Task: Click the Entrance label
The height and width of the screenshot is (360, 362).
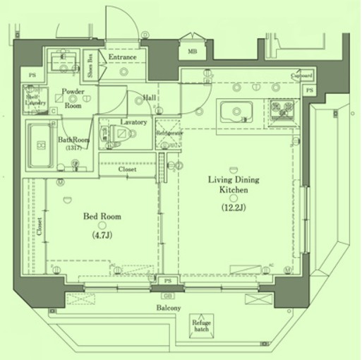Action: (x=123, y=57)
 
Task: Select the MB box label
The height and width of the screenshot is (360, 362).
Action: (x=192, y=51)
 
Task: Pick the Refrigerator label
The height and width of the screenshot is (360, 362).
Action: (x=169, y=133)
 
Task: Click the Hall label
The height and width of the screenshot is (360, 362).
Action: (x=150, y=98)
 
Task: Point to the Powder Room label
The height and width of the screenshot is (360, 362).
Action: (x=73, y=98)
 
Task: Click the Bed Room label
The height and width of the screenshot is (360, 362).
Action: (x=103, y=216)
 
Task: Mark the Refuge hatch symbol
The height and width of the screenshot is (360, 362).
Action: (x=203, y=324)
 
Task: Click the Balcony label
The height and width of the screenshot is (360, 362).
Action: (x=169, y=308)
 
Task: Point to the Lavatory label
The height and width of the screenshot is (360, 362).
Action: (x=133, y=122)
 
